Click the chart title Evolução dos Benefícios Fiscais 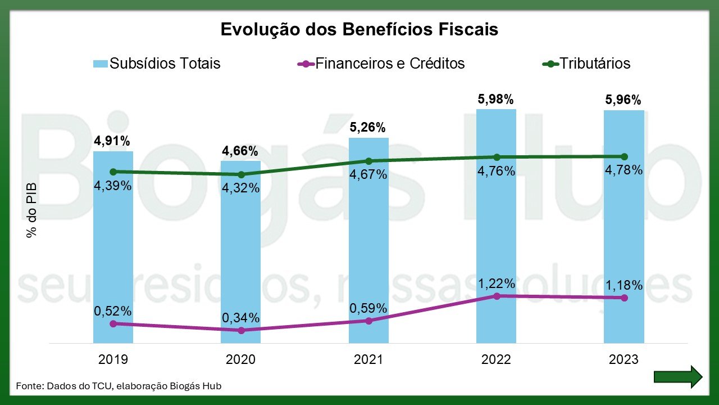pyautogui.click(x=359, y=29)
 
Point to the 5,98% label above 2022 pyautogui.click(x=496, y=100)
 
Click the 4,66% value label pyautogui.click(x=240, y=151)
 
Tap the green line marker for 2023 pyautogui.click(x=624, y=156)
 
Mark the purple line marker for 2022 pyautogui.click(x=496, y=295)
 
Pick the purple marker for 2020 pyautogui.click(x=241, y=330)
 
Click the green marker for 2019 pyautogui.click(x=113, y=172)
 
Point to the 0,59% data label pyautogui.click(x=368, y=308)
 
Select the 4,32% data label pyautogui.click(x=241, y=188)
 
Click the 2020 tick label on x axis pyautogui.click(x=240, y=359)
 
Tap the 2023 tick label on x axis pyautogui.click(x=624, y=359)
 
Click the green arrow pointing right pyautogui.click(x=678, y=376)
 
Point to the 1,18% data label pyautogui.click(x=624, y=285)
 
